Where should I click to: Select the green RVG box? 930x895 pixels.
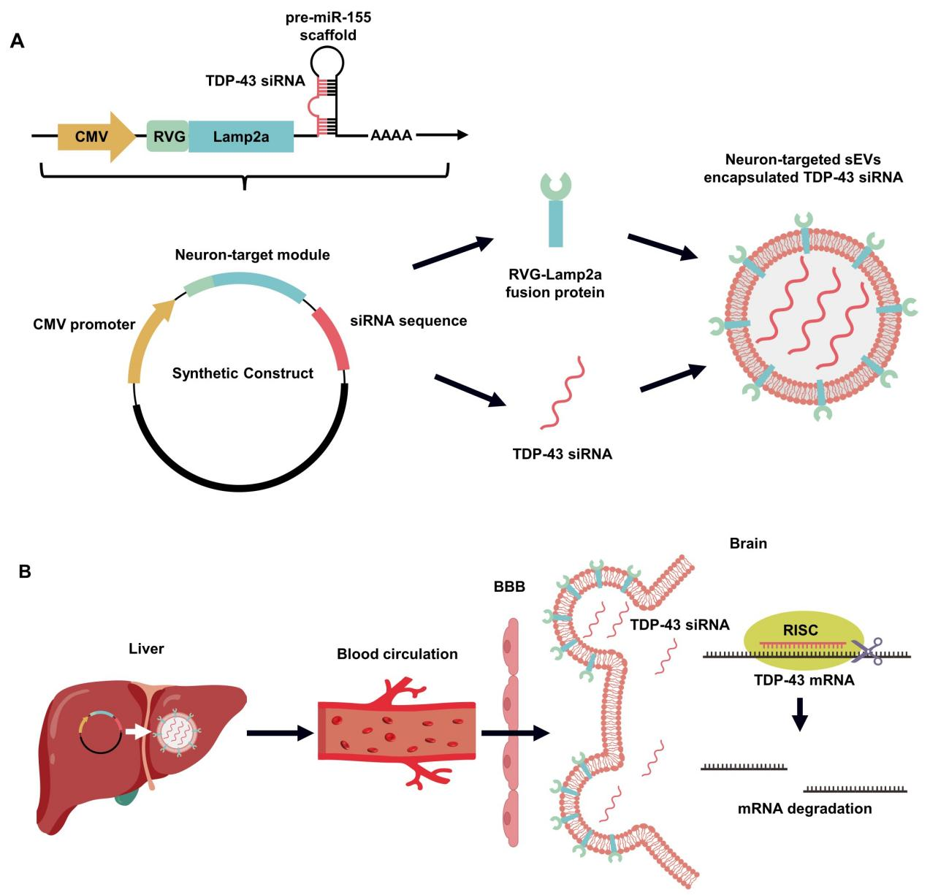168,137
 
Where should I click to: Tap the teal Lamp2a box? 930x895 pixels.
241,137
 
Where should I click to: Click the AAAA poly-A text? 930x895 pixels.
391,136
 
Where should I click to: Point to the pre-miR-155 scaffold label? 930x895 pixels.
328,26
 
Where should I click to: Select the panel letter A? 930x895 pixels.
17,42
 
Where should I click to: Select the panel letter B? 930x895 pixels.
25,571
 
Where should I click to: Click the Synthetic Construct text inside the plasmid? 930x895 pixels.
243,373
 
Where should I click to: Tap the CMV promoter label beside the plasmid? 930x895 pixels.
84,324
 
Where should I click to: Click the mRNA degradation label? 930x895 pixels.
804,809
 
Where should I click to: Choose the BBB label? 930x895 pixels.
509,587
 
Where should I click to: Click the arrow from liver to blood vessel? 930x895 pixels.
280,733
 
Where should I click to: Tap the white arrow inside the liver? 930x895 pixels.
138,730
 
